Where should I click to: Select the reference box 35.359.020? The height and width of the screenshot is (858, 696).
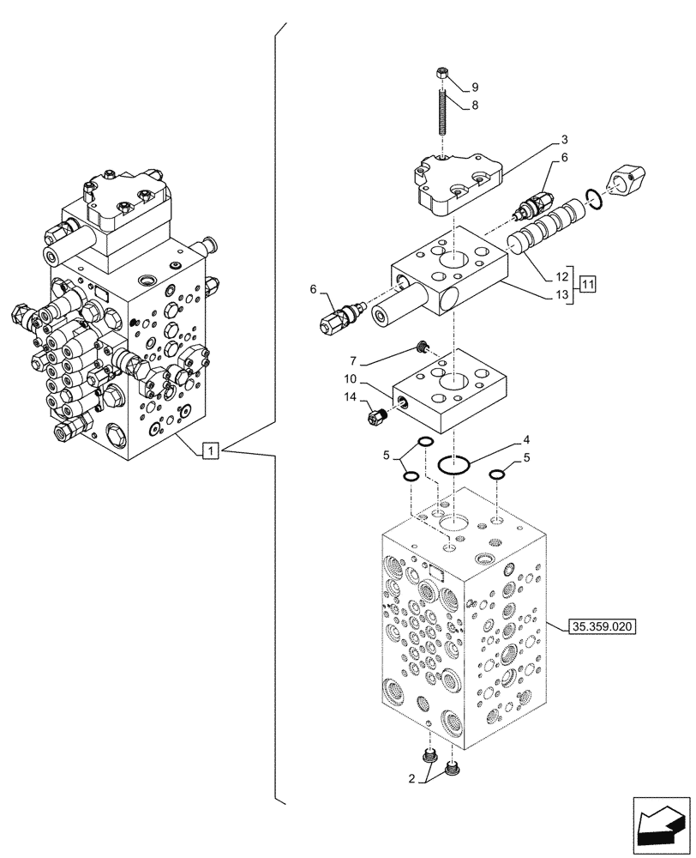pos(600,627)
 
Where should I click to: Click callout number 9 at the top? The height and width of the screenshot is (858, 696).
pos(474,87)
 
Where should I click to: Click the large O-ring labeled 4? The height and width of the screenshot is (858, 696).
pos(453,465)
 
